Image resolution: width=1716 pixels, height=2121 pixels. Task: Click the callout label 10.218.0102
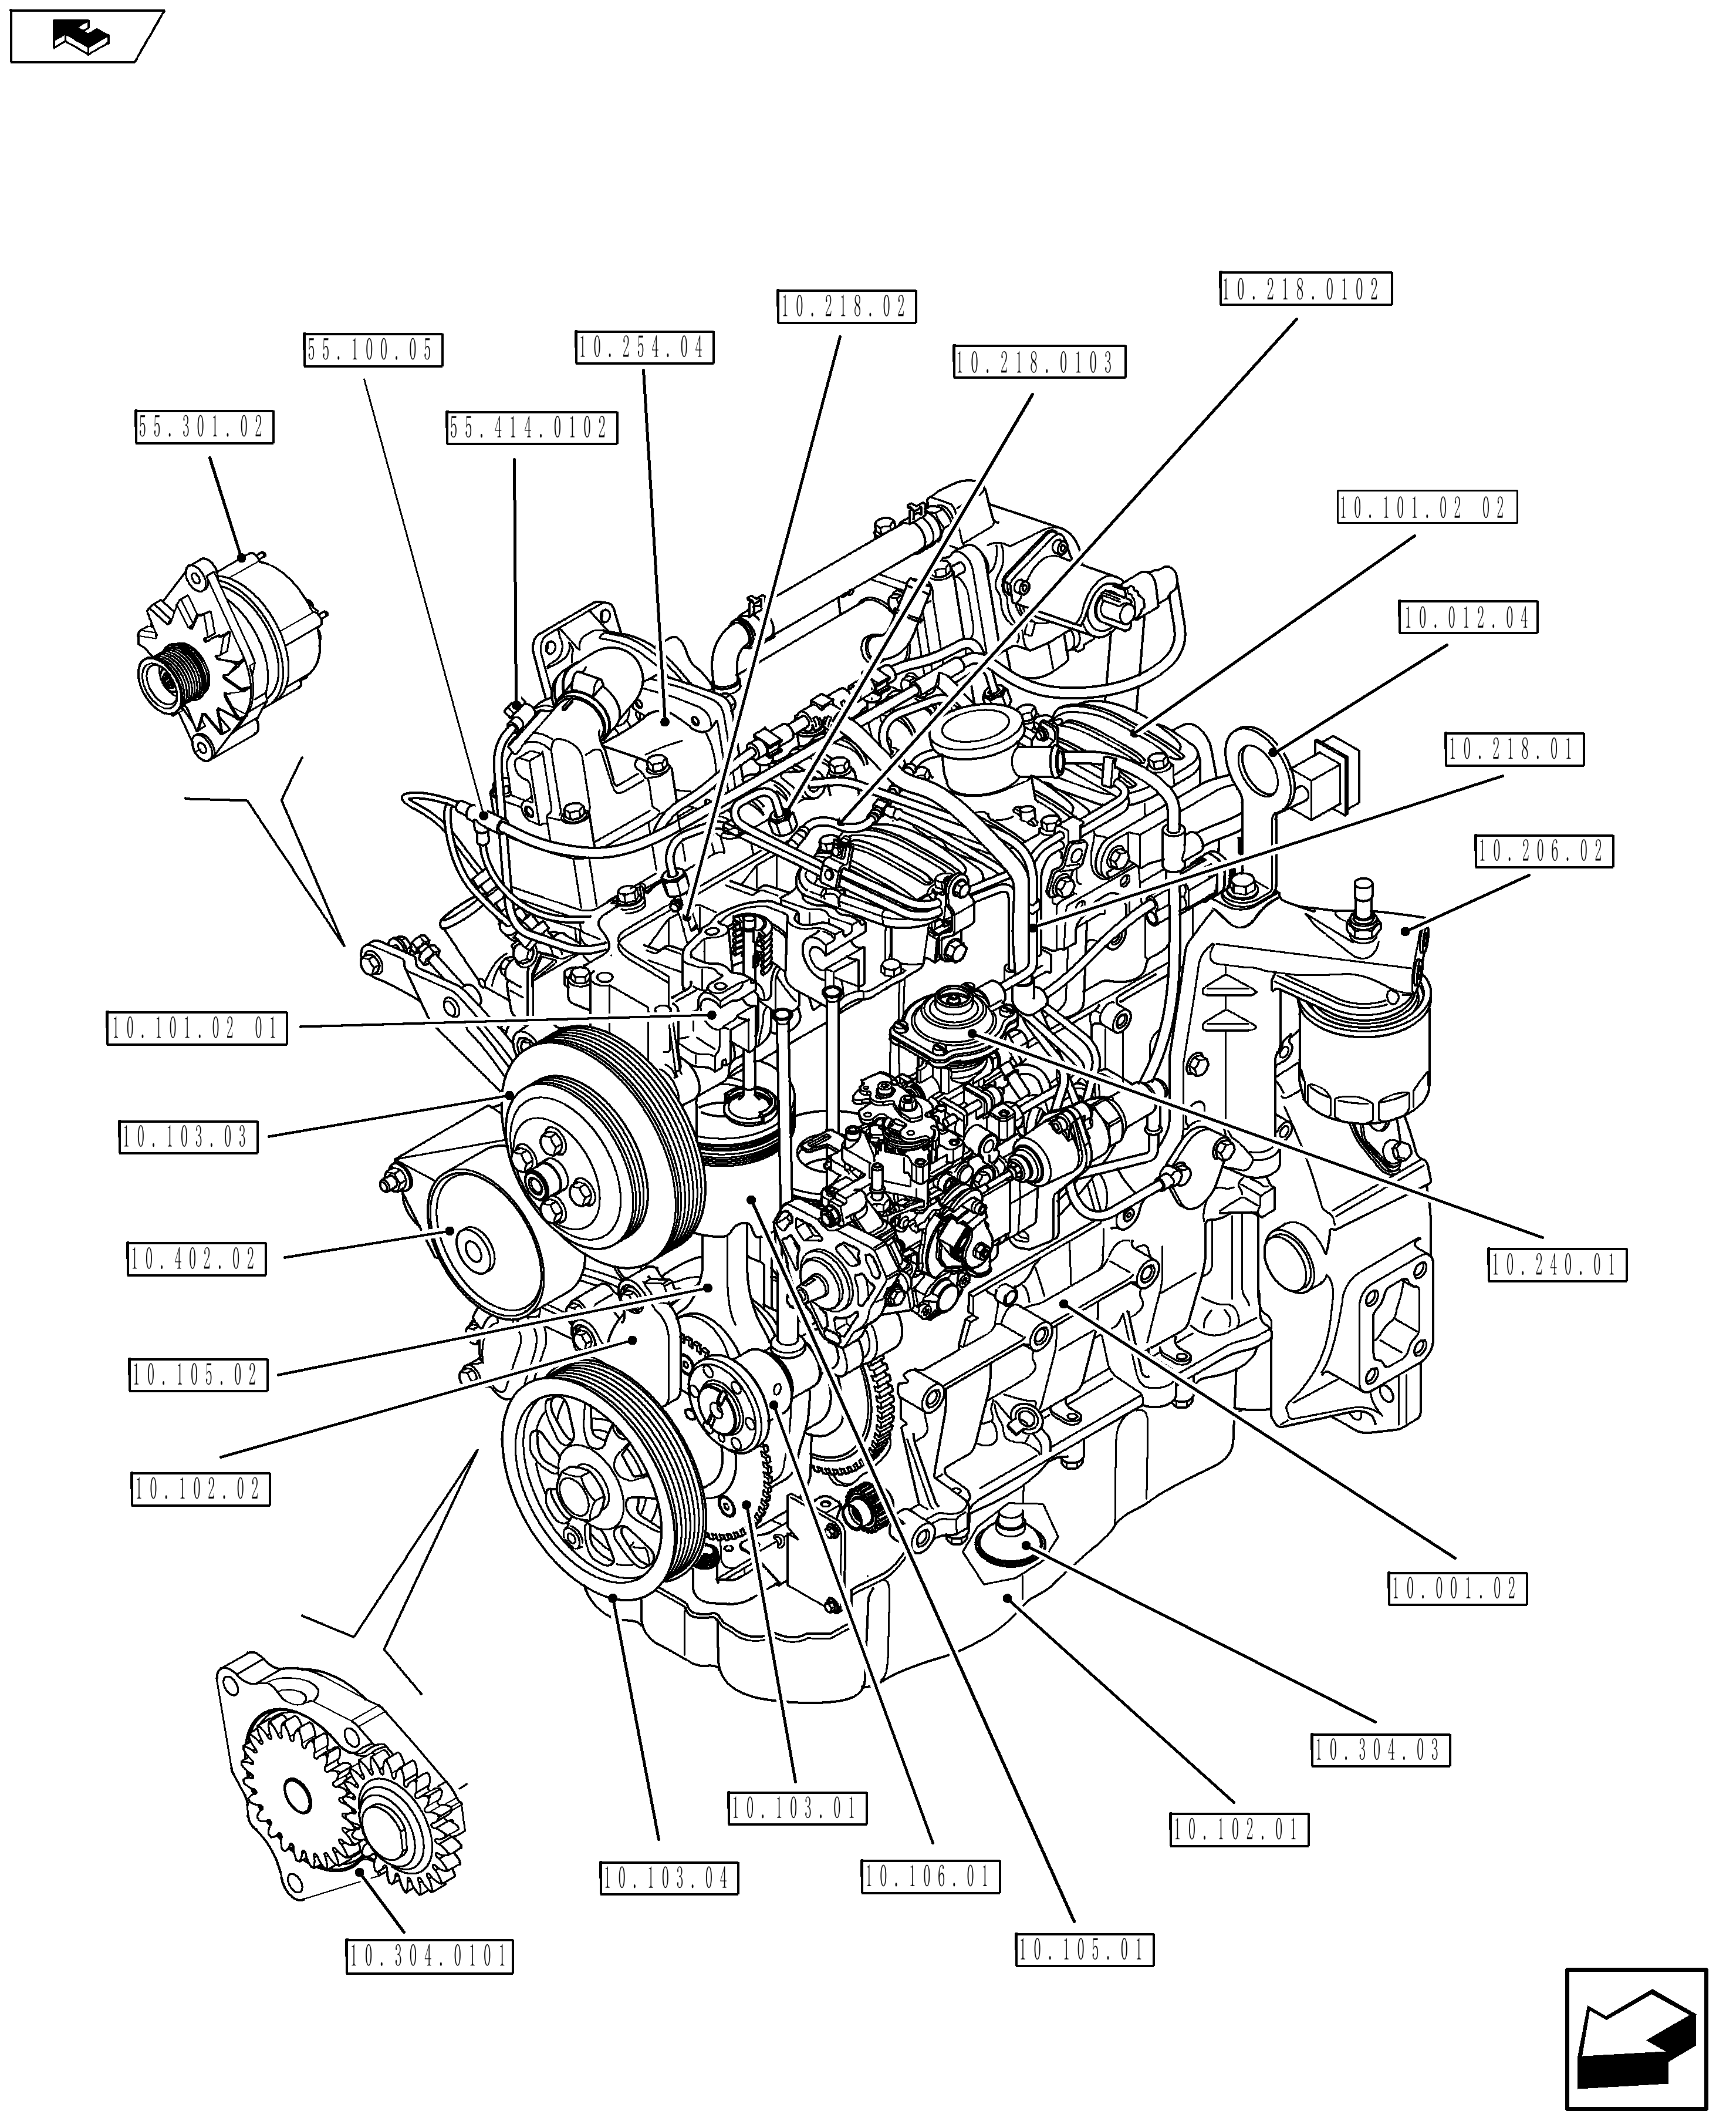click(x=1305, y=289)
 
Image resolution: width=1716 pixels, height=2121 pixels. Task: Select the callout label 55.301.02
click(x=205, y=427)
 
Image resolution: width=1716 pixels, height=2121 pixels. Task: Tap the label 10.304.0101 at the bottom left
click(x=429, y=1956)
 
